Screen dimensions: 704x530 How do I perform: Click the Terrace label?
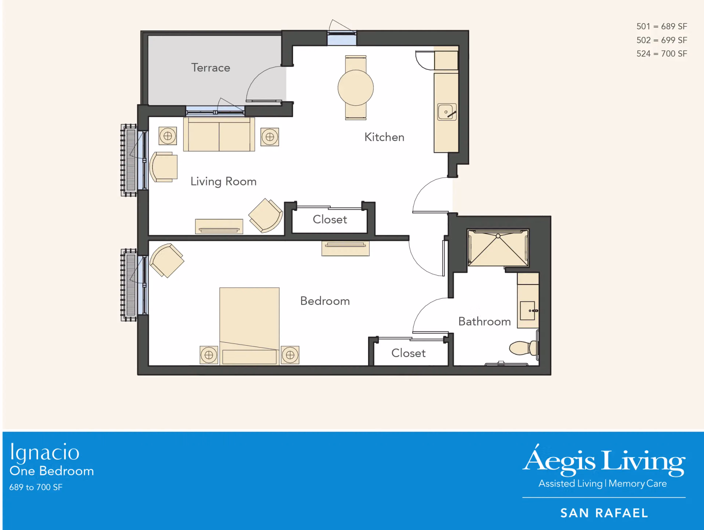(x=210, y=68)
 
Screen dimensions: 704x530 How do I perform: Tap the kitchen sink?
(x=447, y=112)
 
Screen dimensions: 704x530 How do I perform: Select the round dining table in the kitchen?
(x=356, y=88)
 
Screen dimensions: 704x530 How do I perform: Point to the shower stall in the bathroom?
(x=498, y=248)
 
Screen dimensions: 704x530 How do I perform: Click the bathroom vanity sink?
(x=528, y=310)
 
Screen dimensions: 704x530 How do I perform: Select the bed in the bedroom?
(x=249, y=326)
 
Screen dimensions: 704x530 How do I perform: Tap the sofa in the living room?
(x=219, y=134)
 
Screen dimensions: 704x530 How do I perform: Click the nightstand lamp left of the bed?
(x=209, y=355)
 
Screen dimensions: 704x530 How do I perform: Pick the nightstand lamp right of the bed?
(x=290, y=355)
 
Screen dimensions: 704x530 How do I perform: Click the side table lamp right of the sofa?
(x=270, y=137)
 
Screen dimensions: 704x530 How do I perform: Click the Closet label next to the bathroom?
(x=408, y=353)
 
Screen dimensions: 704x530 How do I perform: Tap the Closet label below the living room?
(x=330, y=219)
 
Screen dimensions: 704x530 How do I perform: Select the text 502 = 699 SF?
(x=662, y=40)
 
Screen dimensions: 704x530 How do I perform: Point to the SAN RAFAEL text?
(x=604, y=513)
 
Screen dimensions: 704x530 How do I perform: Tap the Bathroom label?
(x=484, y=321)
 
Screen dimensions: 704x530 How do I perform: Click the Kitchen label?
(x=384, y=137)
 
